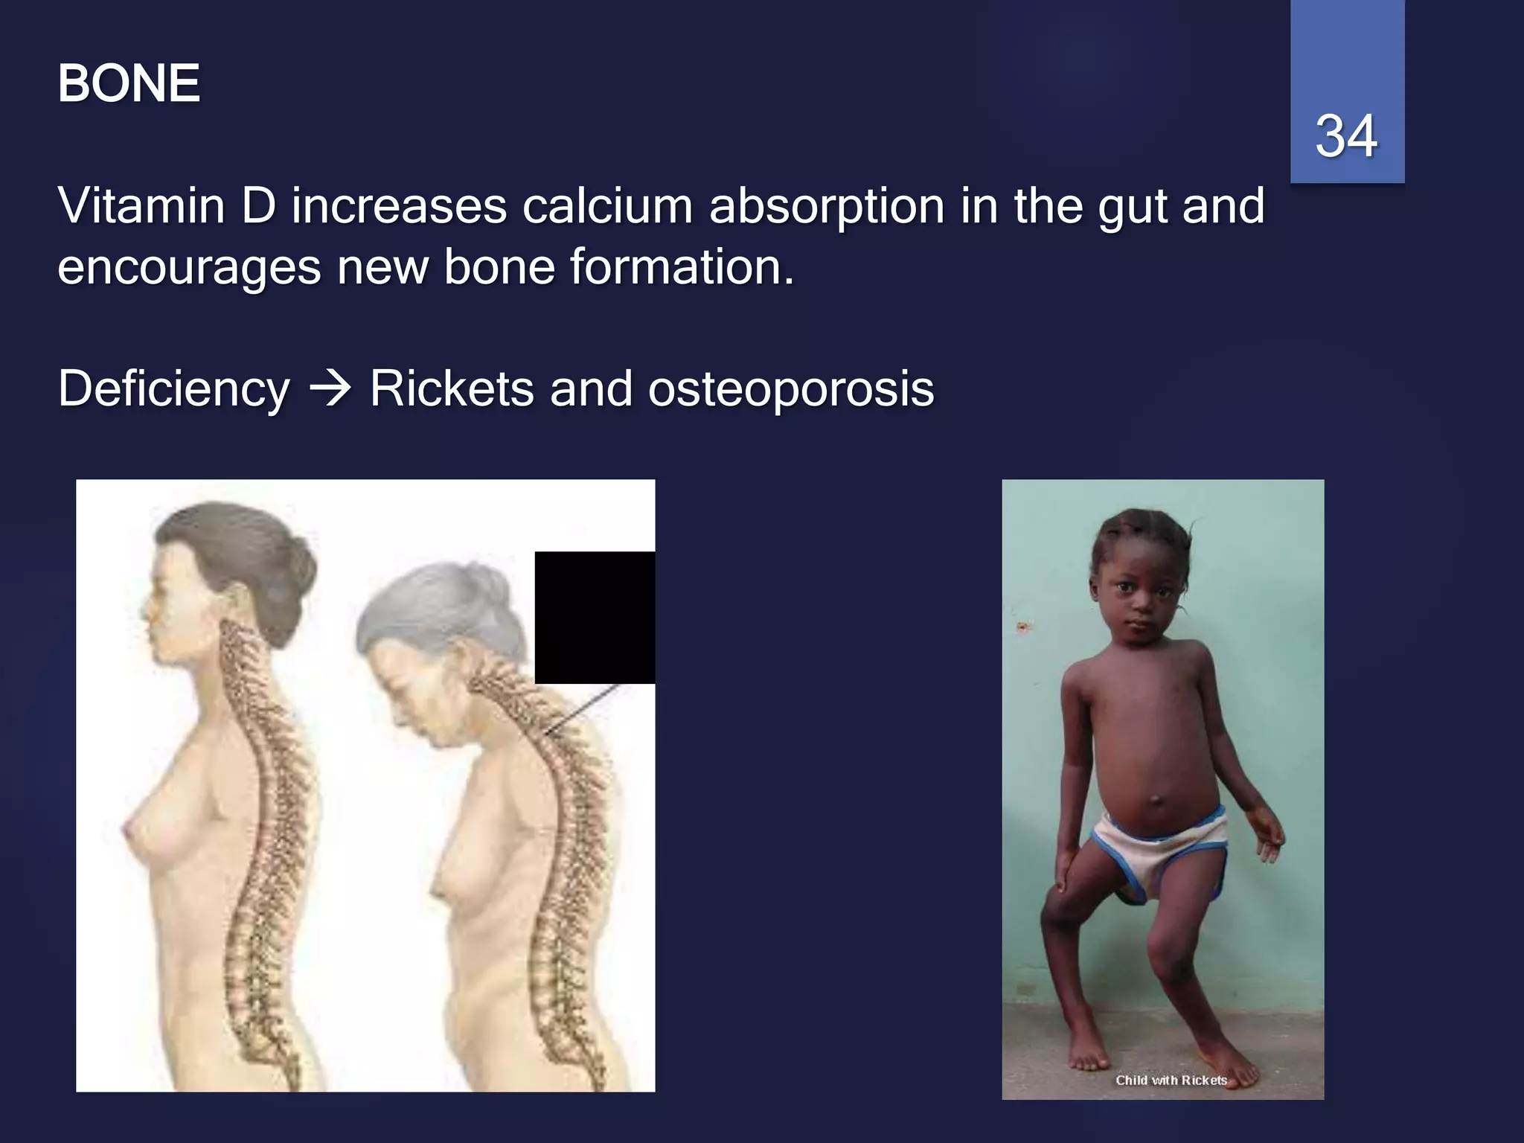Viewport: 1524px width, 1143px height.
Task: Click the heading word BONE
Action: pos(129,83)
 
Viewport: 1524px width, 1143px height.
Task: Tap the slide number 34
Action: pos(1346,136)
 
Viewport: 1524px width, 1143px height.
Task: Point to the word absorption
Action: pos(827,208)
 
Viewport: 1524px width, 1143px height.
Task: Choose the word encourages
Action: pos(189,268)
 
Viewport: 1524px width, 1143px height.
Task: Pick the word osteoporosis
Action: pos(791,390)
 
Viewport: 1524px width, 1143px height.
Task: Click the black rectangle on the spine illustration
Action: pos(595,617)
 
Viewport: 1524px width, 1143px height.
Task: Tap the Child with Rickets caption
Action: pos(1171,1080)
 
